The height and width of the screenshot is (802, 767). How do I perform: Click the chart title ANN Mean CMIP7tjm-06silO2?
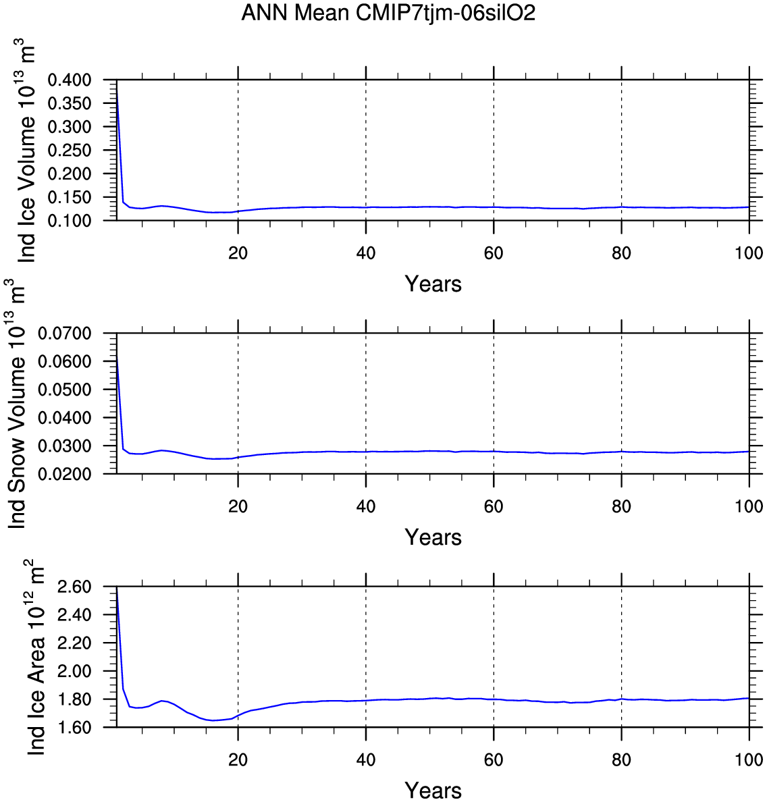click(388, 13)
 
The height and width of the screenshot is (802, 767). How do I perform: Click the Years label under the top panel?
click(433, 284)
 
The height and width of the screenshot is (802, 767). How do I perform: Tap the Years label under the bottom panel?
click(433, 791)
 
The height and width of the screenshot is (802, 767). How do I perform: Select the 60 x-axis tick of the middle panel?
click(494, 507)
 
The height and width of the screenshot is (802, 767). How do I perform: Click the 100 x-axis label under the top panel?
click(749, 253)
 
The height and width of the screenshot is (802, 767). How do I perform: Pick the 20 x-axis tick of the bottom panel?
click(238, 760)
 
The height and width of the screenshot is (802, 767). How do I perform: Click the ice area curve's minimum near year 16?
click(213, 720)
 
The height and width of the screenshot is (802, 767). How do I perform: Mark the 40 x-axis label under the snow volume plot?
click(365, 507)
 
